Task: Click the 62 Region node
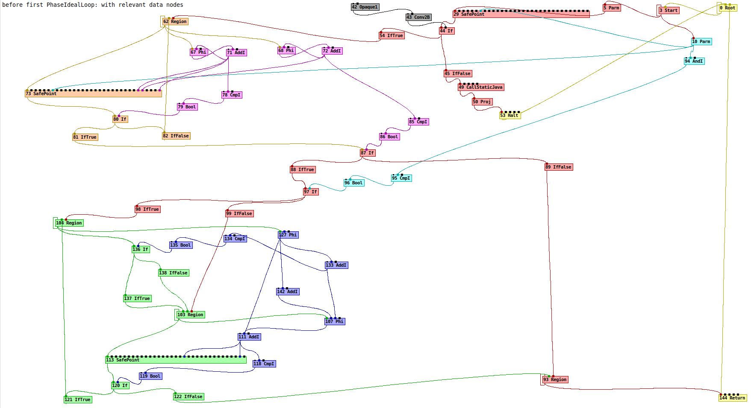(x=175, y=21)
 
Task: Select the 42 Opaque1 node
(x=365, y=7)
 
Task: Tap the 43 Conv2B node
(x=418, y=17)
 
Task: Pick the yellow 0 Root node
(x=728, y=8)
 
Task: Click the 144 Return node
(x=732, y=398)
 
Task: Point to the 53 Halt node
(x=510, y=115)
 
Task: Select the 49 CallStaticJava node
(x=481, y=87)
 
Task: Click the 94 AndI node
(x=694, y=61)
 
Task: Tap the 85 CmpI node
(x=418, y=122)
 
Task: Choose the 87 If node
(x=367, y=153)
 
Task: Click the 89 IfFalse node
(x=558, y=167)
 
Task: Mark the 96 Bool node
(x=353, y=183)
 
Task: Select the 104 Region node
(x=69, y=223)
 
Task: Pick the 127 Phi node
(x=288, y=235)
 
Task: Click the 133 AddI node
(x=336, y=265)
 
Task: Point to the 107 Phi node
(x=334, y=321)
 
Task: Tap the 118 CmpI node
(x=264, y=364)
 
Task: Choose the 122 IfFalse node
(x=188, y=396)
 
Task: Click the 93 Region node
(x=555, y=379)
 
